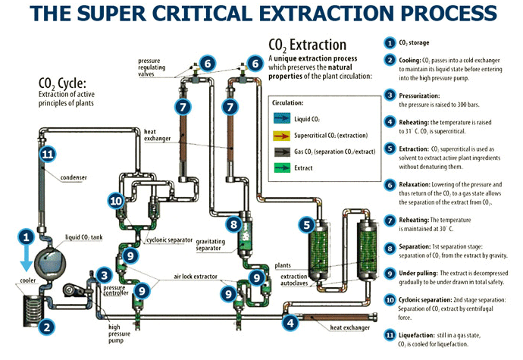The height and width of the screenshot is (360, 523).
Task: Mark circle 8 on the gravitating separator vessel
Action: [x=233, y=224]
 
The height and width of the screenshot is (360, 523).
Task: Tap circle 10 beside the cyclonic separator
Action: [x=115, y=201]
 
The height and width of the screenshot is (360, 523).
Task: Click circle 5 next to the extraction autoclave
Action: [x=306, y=224]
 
